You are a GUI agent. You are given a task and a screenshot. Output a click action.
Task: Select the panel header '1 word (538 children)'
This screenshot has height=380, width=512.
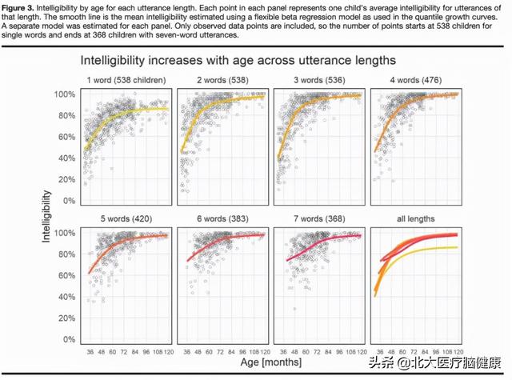tap(126, 79)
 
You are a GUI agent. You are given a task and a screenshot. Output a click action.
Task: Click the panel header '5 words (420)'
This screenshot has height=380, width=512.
tap(126, 218)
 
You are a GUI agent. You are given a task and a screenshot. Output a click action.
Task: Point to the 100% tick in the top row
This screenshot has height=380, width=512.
tap(66, 95)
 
